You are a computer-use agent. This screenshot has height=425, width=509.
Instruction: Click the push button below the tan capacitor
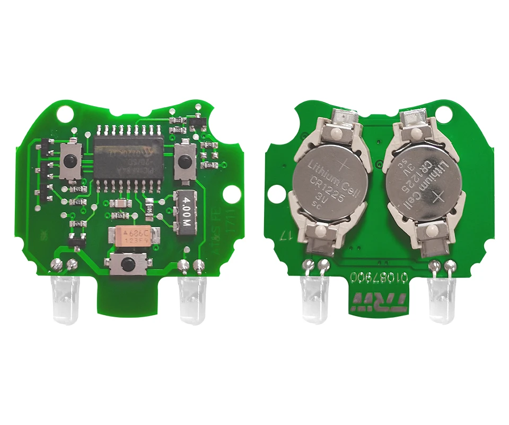[127, 263]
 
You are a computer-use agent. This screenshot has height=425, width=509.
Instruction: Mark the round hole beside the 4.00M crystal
[231, 194]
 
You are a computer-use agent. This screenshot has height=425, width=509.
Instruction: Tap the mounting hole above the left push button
[66, 113]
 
